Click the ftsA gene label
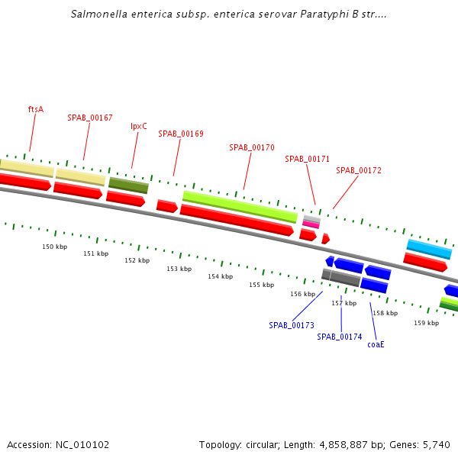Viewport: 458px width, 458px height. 36,109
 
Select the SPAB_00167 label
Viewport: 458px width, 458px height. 89,118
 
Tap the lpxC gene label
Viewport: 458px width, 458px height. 138,126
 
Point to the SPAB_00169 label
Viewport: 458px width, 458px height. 181,134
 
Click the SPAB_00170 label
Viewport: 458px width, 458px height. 252,147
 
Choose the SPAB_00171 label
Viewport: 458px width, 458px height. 307,159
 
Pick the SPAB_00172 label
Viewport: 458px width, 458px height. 359,170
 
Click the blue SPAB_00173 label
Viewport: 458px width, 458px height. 292,325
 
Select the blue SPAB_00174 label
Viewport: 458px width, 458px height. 340,337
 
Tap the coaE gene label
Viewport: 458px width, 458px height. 376,344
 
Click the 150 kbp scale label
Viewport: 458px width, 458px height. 54,247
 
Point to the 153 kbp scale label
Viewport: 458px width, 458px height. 179,269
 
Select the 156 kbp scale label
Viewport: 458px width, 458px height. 302,294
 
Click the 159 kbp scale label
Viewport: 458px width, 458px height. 427,323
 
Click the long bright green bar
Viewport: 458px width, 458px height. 240,206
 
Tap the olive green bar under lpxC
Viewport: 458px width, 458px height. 128,185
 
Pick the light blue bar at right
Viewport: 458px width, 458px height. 429,248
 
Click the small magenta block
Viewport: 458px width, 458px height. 311,224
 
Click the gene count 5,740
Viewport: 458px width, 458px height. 435,444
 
